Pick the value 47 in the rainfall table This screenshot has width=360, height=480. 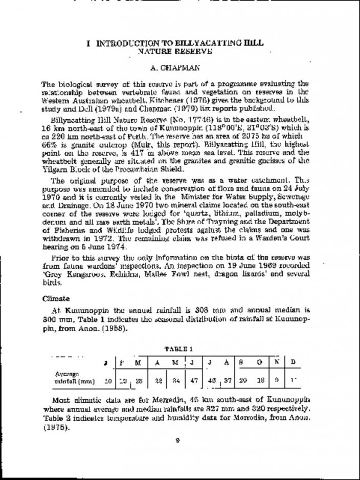click(x=195, y=381)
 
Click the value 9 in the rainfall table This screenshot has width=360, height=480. click(x=277, y=381)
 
